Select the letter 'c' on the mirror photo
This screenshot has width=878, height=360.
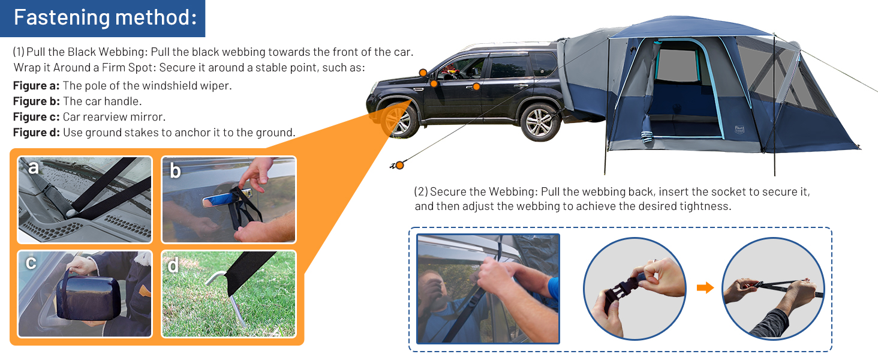(31, 263)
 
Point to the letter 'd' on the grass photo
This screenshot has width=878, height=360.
(173, 265)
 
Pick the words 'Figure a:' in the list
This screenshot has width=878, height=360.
(37, 86)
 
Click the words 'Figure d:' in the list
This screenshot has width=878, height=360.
(37, 133)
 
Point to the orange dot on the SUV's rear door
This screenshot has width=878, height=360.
(476, 86)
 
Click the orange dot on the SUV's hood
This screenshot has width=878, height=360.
(423, 73)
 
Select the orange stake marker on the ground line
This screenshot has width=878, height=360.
(398, 164)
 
